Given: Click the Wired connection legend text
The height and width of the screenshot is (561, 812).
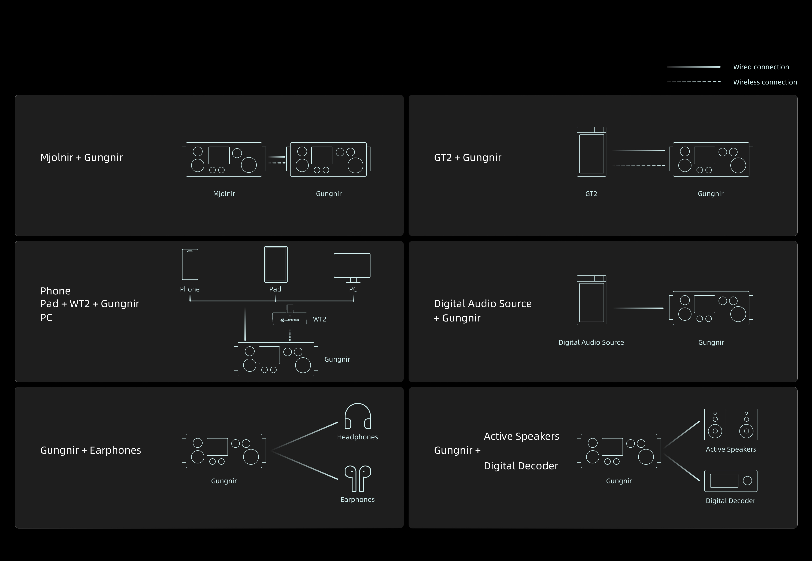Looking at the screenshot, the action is pyautogui.click(x=761, y=67).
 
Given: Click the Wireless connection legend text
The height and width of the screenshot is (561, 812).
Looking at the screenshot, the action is pyautogui.click(x=765, y=82).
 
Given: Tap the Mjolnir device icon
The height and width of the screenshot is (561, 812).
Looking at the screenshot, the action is pyautogui.click(x=224, y=159).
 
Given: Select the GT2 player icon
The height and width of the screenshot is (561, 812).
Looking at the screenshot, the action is pyautogui.click(x=591, y=151).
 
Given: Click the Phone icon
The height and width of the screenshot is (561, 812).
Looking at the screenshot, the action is pyautogui.click(x=190, y=264).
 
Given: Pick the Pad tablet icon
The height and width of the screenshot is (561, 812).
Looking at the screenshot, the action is pyautogui.click(x=276, y=264).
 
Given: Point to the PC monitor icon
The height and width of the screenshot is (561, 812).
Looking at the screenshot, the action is pyautogui.click(x=352, y=267).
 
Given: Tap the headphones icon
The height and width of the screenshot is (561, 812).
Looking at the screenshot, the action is pyautogui.click(x=357, y=416).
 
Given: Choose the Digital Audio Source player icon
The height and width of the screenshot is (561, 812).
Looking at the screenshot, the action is pyautogui.click(x=591, y=300).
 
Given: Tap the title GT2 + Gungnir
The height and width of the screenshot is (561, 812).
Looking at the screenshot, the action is pyautogui.click(x=468, y=158).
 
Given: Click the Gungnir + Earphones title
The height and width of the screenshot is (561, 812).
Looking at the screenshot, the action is pyautogui.click(x=91, y=450).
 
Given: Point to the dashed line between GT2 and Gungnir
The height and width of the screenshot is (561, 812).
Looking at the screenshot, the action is pyautogui.click(x=638, y=165).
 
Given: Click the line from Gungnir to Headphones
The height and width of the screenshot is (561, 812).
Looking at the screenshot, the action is pyautogui.click(x=305, y=436).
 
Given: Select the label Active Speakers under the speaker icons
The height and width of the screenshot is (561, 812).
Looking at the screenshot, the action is pyautogui.click(x=731, y=449).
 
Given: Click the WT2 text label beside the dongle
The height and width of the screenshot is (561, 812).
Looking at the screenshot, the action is pyautogui.click(x=320, y=319).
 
